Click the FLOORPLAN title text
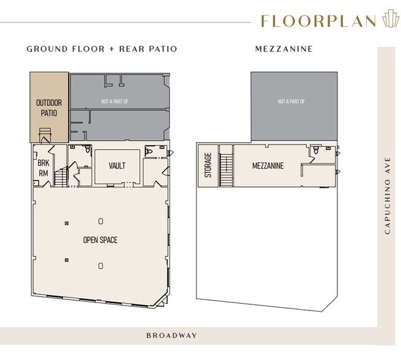pos(318,21)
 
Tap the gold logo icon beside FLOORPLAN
pos(390,18)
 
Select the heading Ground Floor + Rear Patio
pos(102,49)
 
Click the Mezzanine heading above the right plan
pos(284,49)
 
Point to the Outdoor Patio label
pos(49,108)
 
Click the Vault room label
pos(117,166)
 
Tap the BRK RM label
pos(43,168)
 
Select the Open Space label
pos(100,240)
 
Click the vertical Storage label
pos(208,165)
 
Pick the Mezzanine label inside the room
pos(268,166)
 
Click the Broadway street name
pos(171,336)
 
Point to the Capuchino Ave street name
pos(388,195)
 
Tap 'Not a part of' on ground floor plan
pos(115,102)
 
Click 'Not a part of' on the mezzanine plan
pos(291,102)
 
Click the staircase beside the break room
pos(61,177)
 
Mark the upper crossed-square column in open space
pos(67,223)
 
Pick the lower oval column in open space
pos(101,266)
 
